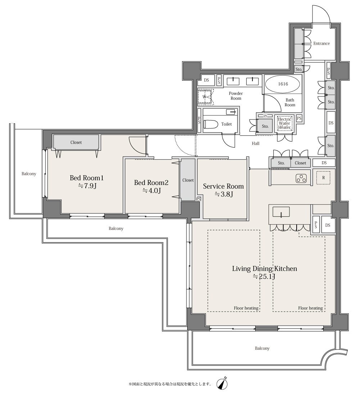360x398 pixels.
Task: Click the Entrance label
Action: (x=321, y=44)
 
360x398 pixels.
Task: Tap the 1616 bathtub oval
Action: (x=283, y=84)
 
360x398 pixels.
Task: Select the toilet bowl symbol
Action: (x=211, y=125)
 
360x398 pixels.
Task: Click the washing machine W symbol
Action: (x=204, y=96)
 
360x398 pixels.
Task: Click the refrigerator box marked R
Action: (x=323, y=178)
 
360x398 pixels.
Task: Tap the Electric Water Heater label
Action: (x=284, y=123)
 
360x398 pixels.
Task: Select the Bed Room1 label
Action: (x=86, y=178)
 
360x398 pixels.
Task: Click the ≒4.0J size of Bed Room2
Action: (x=151, y=191)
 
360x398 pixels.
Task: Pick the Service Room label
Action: (x=224, y=186)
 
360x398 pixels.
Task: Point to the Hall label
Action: (x=255, y=144)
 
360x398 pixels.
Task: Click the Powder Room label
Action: (x=236, y=96)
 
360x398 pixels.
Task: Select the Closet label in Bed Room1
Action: (x=76, y=143)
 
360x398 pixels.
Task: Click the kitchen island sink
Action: (x=281, y=212)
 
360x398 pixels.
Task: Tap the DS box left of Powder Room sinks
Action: (x=206, y=80)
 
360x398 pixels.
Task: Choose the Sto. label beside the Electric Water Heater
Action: (x=265, y=126)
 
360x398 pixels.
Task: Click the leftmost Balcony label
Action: (x=29, y=174)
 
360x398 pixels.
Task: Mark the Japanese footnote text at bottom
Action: (x=170, y=384)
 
